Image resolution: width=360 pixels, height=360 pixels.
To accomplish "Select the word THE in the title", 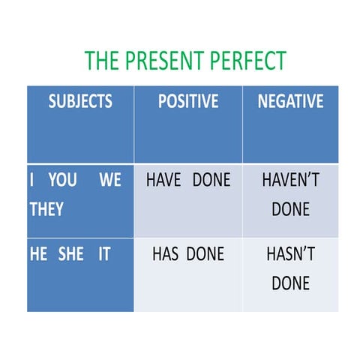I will point(101,61).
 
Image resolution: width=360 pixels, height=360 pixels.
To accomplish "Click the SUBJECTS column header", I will point(80,101).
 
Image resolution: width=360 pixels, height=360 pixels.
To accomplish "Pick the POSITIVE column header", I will point(188,101).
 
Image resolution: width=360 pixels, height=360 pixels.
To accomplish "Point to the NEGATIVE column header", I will point(290,101).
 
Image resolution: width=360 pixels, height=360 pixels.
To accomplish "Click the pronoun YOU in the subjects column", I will point(62,181).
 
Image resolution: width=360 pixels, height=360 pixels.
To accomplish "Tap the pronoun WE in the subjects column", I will point(110,181).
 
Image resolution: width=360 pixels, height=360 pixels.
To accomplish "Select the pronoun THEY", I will point(46,209).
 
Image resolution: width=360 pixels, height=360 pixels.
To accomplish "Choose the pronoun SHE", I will point(71,254).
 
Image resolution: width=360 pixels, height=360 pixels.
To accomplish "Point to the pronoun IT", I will point(103,254).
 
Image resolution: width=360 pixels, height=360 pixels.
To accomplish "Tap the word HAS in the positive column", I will point(165,254).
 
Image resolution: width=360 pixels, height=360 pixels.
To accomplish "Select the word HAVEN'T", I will point(290,181).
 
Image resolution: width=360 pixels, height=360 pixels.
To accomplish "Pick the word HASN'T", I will point(290,254).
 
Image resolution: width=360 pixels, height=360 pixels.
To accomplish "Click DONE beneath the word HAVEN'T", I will point(290,209).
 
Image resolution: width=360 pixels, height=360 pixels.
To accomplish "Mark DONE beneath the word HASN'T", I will point(290,283).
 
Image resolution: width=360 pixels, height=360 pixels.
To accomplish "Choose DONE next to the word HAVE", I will point(211,181).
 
